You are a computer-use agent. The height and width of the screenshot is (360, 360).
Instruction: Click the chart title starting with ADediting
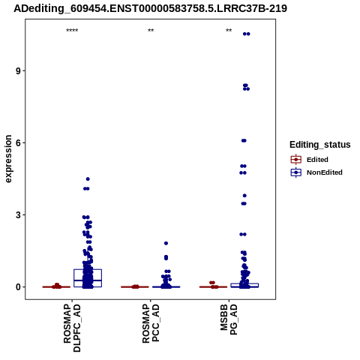click(150, 8)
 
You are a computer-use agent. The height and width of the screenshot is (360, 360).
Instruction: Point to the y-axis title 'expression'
click(8, 159)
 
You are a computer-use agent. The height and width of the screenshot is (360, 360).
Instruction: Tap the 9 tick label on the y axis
click(18, 71)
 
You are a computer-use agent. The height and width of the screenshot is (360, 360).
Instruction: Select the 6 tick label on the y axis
click(18, 143)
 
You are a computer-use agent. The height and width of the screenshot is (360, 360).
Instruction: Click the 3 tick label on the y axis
click(18, 215)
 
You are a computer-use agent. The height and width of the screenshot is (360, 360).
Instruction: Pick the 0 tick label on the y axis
click(18, 287)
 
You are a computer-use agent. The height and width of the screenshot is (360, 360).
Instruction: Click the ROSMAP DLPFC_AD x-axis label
click(72, 328)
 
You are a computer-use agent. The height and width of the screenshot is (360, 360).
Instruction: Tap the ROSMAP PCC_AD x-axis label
click(151, 323)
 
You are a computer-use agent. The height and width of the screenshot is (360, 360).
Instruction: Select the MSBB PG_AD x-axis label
click(229, 319)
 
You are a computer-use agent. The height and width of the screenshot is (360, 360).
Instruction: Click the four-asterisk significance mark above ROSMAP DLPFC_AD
click(72, 31)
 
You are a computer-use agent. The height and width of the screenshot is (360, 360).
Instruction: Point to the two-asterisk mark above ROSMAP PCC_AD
click(151, 31)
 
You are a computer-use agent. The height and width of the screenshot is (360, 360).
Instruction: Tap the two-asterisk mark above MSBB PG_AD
click(229, 31)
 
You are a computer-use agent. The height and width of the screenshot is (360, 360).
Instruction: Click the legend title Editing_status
click(320, 145)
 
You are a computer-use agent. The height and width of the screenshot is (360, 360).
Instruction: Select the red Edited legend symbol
click(296, 160)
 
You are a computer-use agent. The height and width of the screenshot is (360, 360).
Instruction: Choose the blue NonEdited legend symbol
click(296, 172)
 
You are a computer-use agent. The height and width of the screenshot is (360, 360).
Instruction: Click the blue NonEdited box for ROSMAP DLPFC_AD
click(88, 269)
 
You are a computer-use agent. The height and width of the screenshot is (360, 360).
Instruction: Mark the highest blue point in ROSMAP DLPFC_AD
click(88, 179)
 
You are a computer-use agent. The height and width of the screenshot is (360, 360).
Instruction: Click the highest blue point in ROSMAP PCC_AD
click(166, 243)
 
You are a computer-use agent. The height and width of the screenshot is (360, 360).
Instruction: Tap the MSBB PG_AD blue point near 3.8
click(244, 196)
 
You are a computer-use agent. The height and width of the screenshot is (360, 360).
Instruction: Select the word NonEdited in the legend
click(325, 172)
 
